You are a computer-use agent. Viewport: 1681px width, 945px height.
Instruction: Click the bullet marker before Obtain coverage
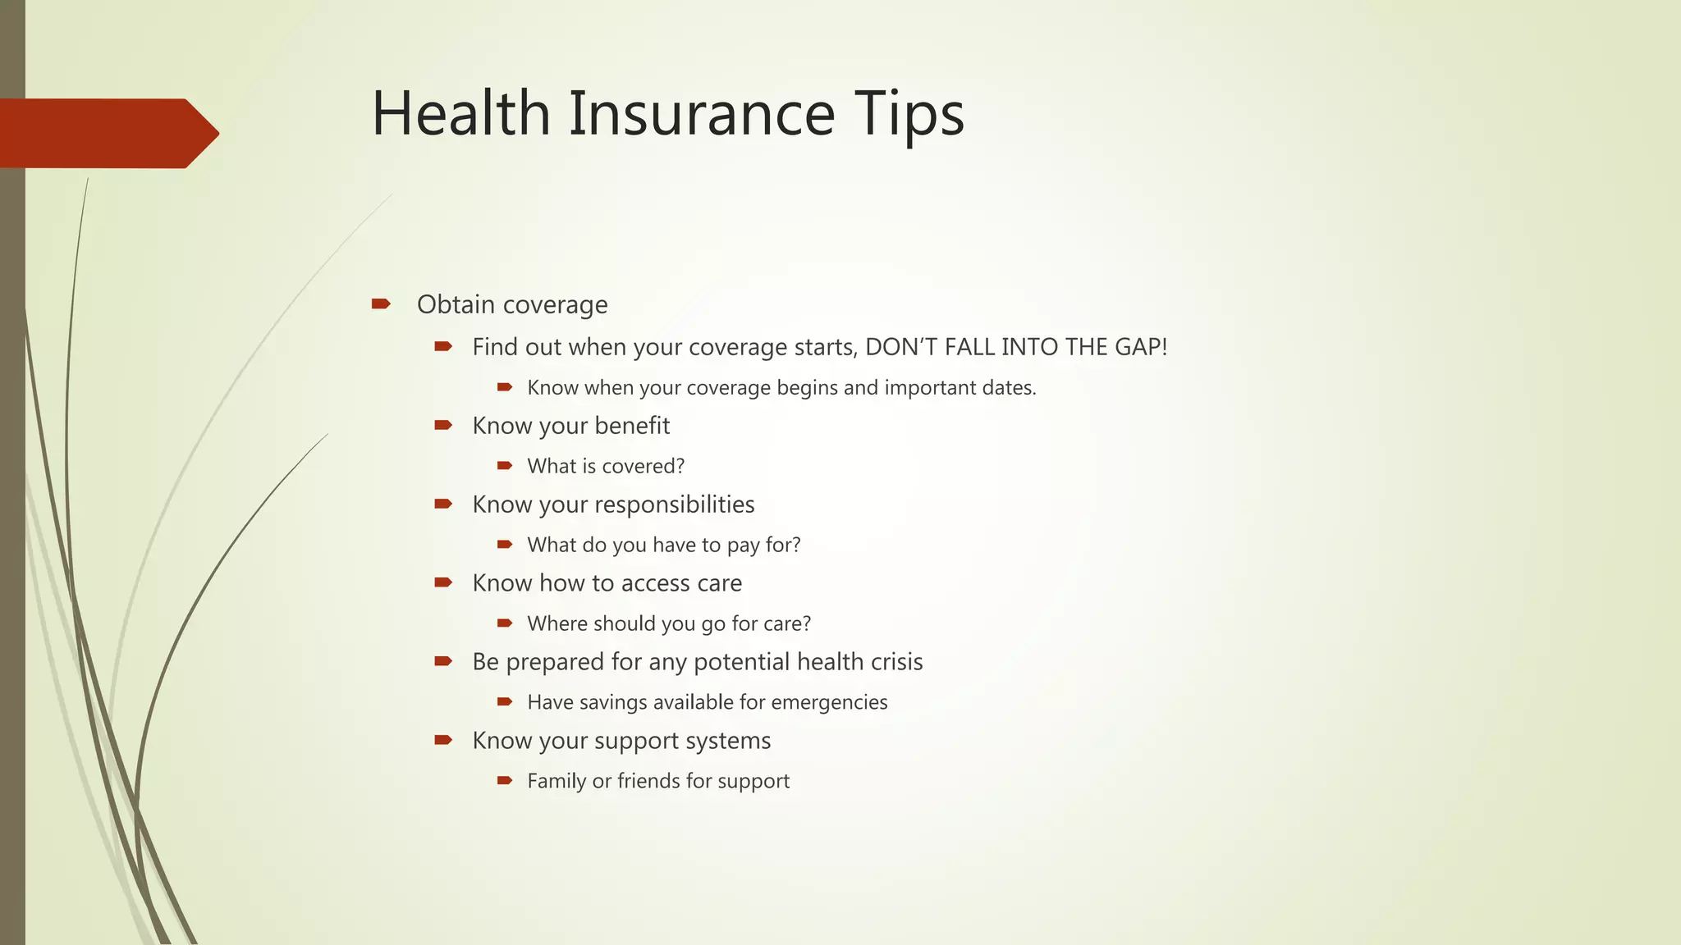tap(380, 304)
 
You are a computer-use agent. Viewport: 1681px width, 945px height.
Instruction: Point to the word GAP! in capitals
tap(1140, 347)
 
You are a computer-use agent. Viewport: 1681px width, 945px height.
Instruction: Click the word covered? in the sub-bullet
tap(644, 466)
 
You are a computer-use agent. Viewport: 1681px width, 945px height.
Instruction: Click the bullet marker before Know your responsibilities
tap(443, 504)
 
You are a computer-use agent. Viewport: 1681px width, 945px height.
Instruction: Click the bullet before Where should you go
tap(505, 623)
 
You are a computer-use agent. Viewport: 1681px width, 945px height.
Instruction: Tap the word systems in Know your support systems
tap(730, 742)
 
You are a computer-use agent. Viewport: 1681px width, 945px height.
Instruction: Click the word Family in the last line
tap(557, 782)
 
